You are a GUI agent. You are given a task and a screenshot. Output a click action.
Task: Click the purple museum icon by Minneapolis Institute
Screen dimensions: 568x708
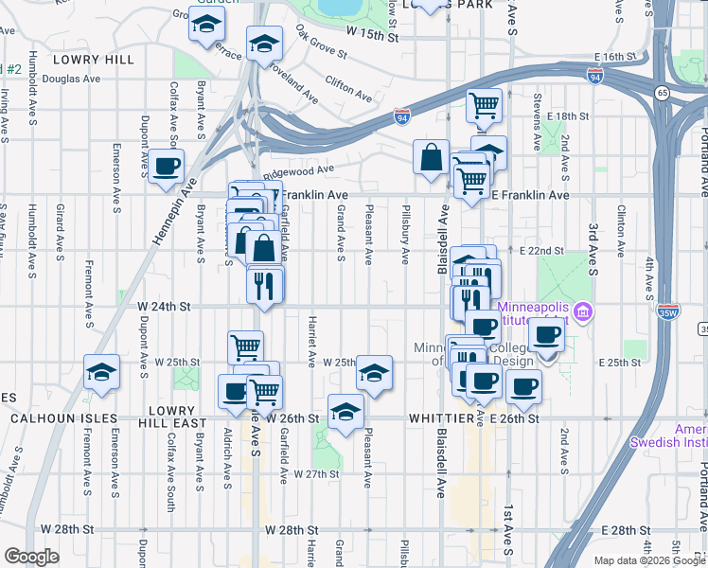click(x=583, y=311)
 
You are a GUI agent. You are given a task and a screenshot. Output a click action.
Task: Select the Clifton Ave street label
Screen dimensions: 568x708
click(x=348, y=88)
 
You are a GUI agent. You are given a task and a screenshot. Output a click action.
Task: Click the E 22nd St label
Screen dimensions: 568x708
click(x=541, y=251)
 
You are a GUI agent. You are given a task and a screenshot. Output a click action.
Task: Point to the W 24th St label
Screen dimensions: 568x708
click(x=165, y=307)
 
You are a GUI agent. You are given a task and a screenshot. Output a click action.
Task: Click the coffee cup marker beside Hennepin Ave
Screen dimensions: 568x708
click(x=167, y=165)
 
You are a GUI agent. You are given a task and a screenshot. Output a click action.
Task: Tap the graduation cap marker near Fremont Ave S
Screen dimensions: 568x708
click(x=101, y=371)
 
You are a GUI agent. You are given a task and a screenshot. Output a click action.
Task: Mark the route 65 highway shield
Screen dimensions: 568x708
click(x=661, y=92)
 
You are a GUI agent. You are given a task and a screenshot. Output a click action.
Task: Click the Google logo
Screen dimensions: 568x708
click(x=31, y=558)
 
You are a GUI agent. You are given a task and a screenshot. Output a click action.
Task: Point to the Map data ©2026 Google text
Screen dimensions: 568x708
click(x=648, y=560)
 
